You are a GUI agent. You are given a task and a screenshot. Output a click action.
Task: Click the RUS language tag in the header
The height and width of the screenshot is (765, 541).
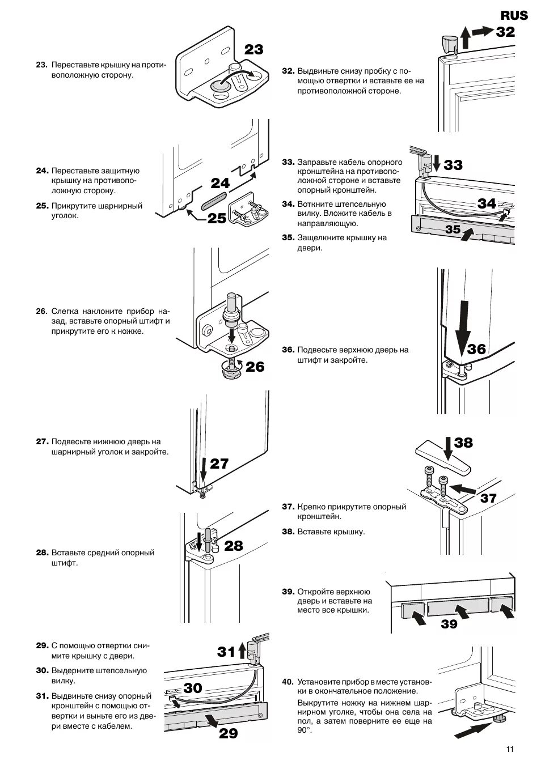(513, 15)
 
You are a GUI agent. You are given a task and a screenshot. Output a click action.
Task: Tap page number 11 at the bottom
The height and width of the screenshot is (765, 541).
(510, 749)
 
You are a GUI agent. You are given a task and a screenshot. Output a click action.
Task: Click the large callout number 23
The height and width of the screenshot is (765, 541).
(253, 50)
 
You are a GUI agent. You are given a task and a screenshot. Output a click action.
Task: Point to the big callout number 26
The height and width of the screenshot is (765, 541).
(255, 367)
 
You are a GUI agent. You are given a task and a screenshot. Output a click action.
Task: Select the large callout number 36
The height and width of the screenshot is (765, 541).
(476, 349)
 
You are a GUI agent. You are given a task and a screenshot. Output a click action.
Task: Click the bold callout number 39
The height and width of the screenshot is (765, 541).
(449, 624)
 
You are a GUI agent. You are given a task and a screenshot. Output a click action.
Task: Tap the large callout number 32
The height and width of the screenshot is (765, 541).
(505, 32)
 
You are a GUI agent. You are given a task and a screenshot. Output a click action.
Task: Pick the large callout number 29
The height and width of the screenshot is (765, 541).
(228, 733)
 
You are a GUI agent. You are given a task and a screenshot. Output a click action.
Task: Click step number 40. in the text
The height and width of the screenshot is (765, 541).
(288, 682)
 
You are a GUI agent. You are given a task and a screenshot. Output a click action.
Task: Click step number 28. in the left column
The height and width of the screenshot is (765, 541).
(41, 552)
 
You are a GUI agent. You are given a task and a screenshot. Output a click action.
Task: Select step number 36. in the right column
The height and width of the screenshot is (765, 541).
(288, 350)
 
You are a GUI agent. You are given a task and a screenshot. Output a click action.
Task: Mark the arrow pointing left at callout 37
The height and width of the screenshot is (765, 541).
(467, 487)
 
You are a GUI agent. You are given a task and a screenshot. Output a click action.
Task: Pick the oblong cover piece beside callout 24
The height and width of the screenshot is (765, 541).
(214, 201)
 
